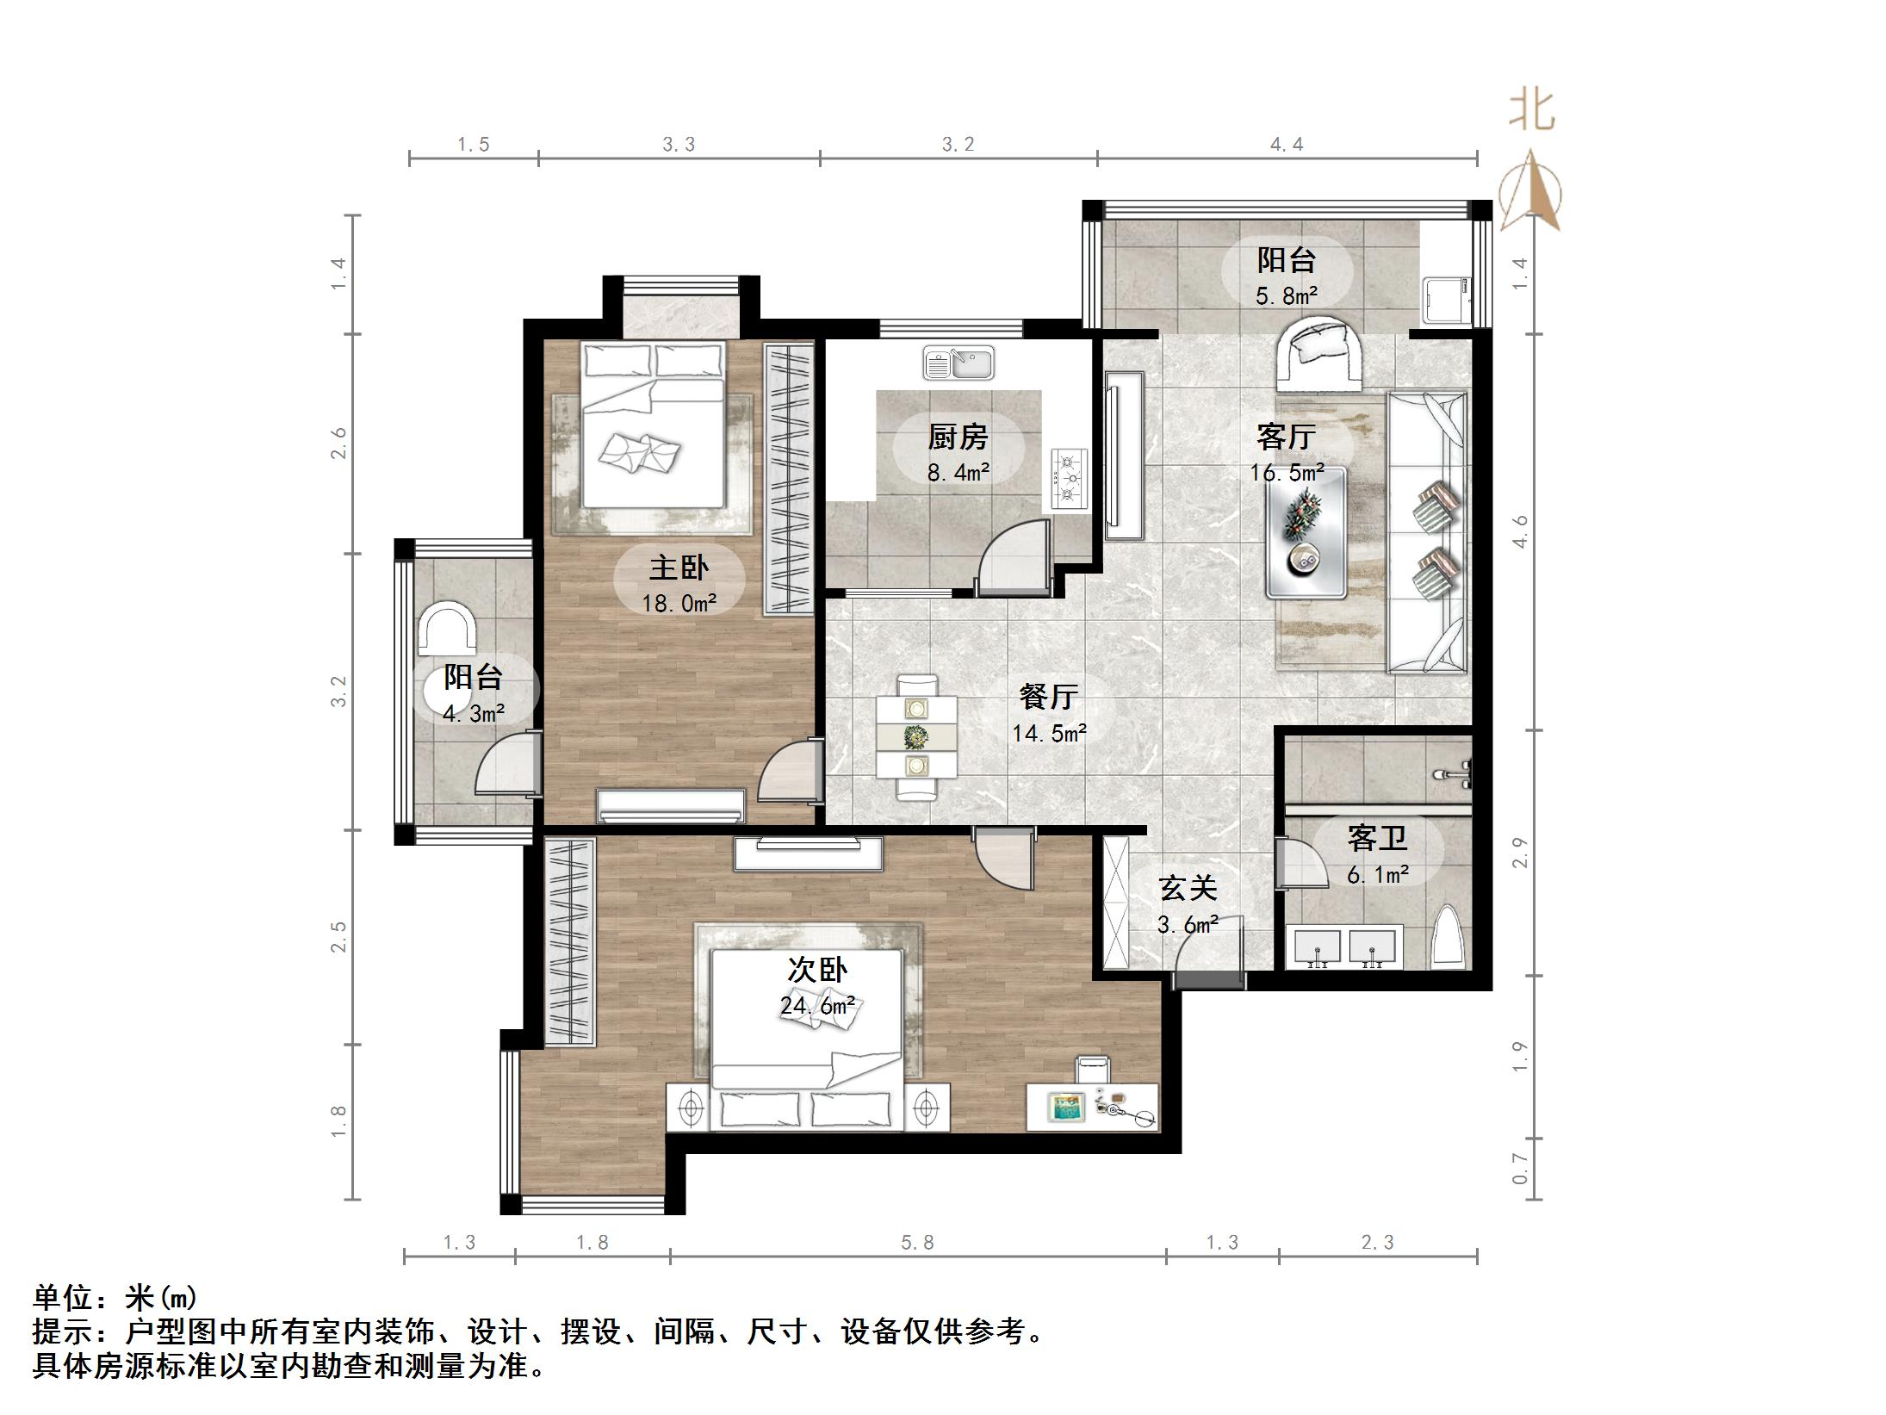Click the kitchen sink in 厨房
pos(958,363)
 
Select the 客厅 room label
pos(1286,437)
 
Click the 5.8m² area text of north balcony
pos(1287,296)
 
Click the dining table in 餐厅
pos(916,736)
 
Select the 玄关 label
pos(1188,888)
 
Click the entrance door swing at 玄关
pos(1210,947)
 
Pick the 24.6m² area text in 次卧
pos(817,1005)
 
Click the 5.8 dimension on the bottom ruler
pos(917,1243)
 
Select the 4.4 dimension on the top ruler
pos(1287,145)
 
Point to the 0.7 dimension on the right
pos(1520,1169)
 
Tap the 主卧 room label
pos(679,568)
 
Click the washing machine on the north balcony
pos(1445,299)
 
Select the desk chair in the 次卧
pos(1093,1071)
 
